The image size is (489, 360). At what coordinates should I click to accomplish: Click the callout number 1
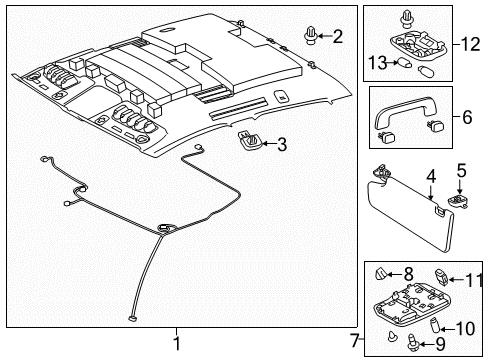point(175,339)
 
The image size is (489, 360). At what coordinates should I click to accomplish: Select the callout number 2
point(337,37)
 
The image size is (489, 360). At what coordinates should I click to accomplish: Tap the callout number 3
point(281,144)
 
